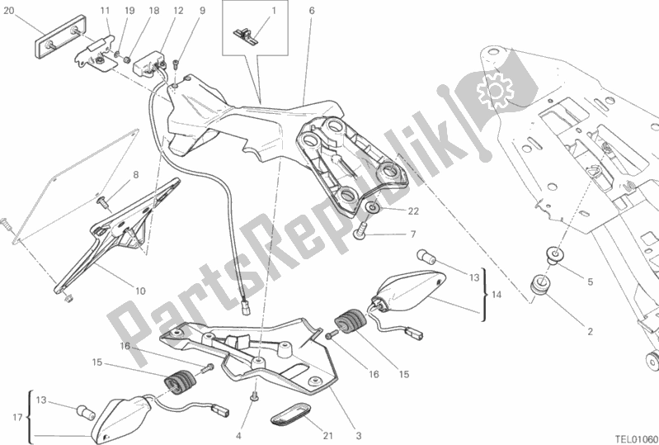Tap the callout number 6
pyautogui.click(x=312, y=11)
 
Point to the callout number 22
pyautogui.click(x=412, y=210)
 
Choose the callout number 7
pyautogui.click(x=412, y=235)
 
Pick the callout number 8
pyautogui.click(x=136, y=175)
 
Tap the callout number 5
pyautogui.click(x=590, y=282)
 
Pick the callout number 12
pyautogui.click(x=178, y=11)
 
